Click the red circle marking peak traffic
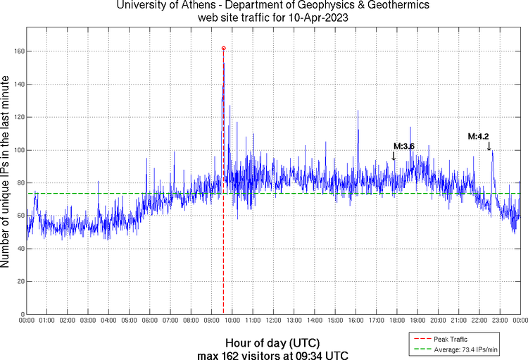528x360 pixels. (x=224, y=49)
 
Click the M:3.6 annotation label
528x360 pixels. (x=404, y=146)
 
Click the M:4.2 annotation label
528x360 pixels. (x=479, y=137)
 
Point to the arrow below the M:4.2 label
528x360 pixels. (x=489, y=146)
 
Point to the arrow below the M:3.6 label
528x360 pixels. (x=394, y=156)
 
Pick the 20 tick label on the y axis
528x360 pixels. (x=19, y=281)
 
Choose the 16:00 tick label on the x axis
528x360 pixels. (x=356, y=321)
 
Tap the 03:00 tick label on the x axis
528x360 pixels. (x=88, y=321)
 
